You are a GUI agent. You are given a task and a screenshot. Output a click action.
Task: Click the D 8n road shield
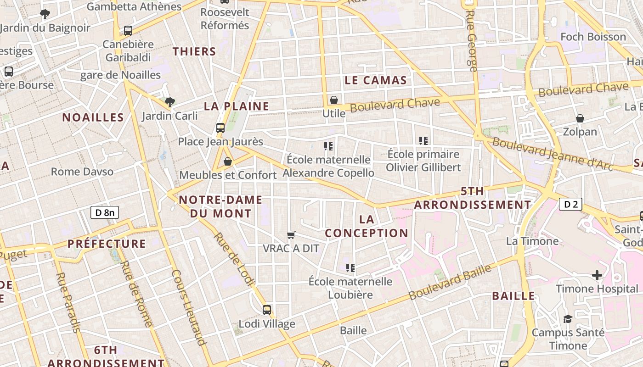pyautogui.click(x=105, y=212)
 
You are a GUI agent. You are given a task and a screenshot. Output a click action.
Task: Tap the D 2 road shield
pyautogui.click(x=570, y=204)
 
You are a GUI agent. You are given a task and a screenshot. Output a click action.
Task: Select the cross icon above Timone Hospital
pyautogui.click(x=597, y=275)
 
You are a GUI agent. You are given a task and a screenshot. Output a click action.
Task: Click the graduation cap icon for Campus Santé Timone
pyautogui.click(x=568, y=319)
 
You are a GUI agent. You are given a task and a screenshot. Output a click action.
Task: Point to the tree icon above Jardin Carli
pyautogui.click(x=170, y=102)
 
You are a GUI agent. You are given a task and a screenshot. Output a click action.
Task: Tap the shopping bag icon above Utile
pyautogui.click(x=334, y=100)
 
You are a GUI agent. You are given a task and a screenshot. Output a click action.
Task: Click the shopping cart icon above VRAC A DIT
pyautogui.click(x=291, y=235)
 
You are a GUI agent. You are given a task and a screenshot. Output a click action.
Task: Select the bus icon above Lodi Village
pyautogui.click(x=267, y=310)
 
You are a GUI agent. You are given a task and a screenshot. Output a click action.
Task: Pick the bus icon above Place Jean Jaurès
pyautogui.click(x=220, y=128)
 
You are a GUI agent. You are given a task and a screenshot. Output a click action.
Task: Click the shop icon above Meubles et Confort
pyautogui.click(x=227, y=161)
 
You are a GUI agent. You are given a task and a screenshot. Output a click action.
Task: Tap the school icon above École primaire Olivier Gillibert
pyautogui.click(x=423, y=141)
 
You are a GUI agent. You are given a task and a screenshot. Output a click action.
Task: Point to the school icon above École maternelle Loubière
pyautogui.click(x=350, y=267)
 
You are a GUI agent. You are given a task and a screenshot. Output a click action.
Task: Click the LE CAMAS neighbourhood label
pyautogui.click(x=376, y=81)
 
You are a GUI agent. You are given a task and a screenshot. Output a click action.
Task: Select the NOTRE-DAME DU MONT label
pyautogui.click(x=220, y=206)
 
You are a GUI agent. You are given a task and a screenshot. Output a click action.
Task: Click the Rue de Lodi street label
pyautogui.click(x=234, y=260)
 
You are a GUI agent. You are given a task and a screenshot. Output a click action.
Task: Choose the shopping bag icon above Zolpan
pyautogui.click(x=580, y=118)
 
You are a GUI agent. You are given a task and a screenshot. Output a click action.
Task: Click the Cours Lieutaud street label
pyautogui.click(x=188, y=307)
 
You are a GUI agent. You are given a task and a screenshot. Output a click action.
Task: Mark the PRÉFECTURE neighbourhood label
pyautogui.click(x=107, y=244)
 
